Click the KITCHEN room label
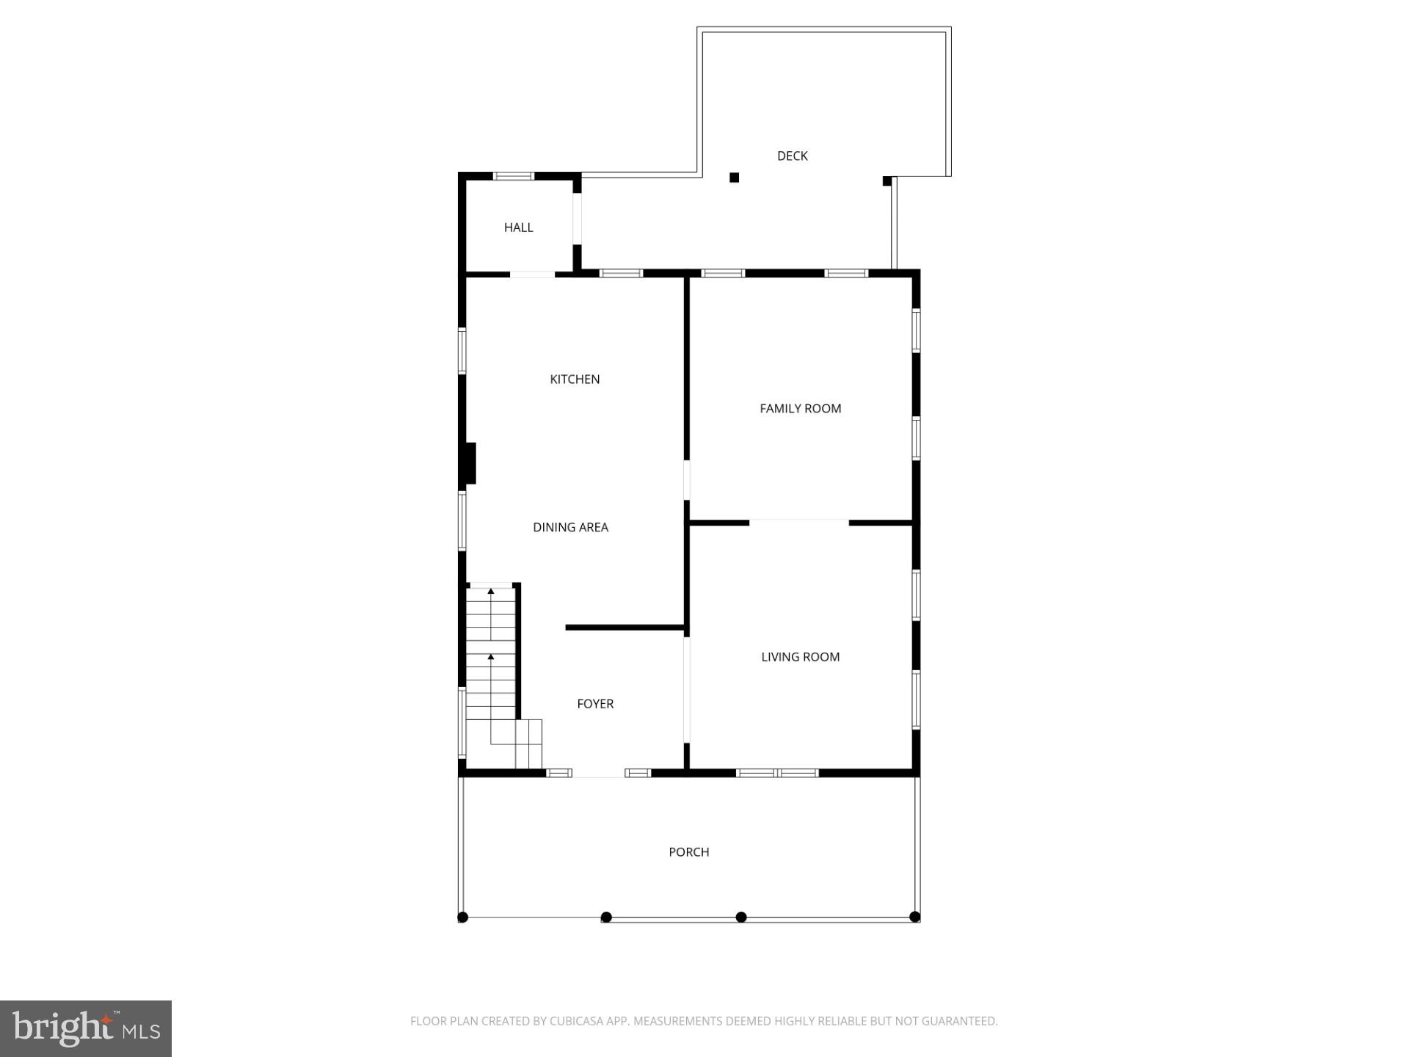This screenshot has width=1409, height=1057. (x=575, y=379)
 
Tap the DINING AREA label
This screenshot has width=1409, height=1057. (x=570, y=527)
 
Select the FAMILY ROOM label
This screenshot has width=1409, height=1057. (x=800, y=409)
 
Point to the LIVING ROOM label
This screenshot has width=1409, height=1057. (x=800, y=657)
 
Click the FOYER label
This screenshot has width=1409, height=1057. (x=595, y=704)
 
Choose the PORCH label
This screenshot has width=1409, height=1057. (x=688, y=852)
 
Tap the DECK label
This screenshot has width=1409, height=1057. (x=792, y=156)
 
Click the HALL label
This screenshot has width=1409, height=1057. (x=518, y=228)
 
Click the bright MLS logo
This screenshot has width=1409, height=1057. (x=86, y=1028)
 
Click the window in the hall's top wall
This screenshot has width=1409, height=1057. (x=513, y=176)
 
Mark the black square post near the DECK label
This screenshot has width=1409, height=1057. (x=734, y=178)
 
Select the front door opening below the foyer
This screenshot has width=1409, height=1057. (x=598, y=774)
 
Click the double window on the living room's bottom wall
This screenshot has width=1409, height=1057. (x=777, y=773)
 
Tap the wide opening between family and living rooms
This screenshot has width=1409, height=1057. (x=799, y=523)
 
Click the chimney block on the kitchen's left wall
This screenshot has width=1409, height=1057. (x=470, y=463)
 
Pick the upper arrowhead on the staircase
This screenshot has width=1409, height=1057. (x=491, y=591)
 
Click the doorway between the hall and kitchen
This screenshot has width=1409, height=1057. (x=532, y=275)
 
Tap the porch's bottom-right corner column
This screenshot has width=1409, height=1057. (x=914, y=916)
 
